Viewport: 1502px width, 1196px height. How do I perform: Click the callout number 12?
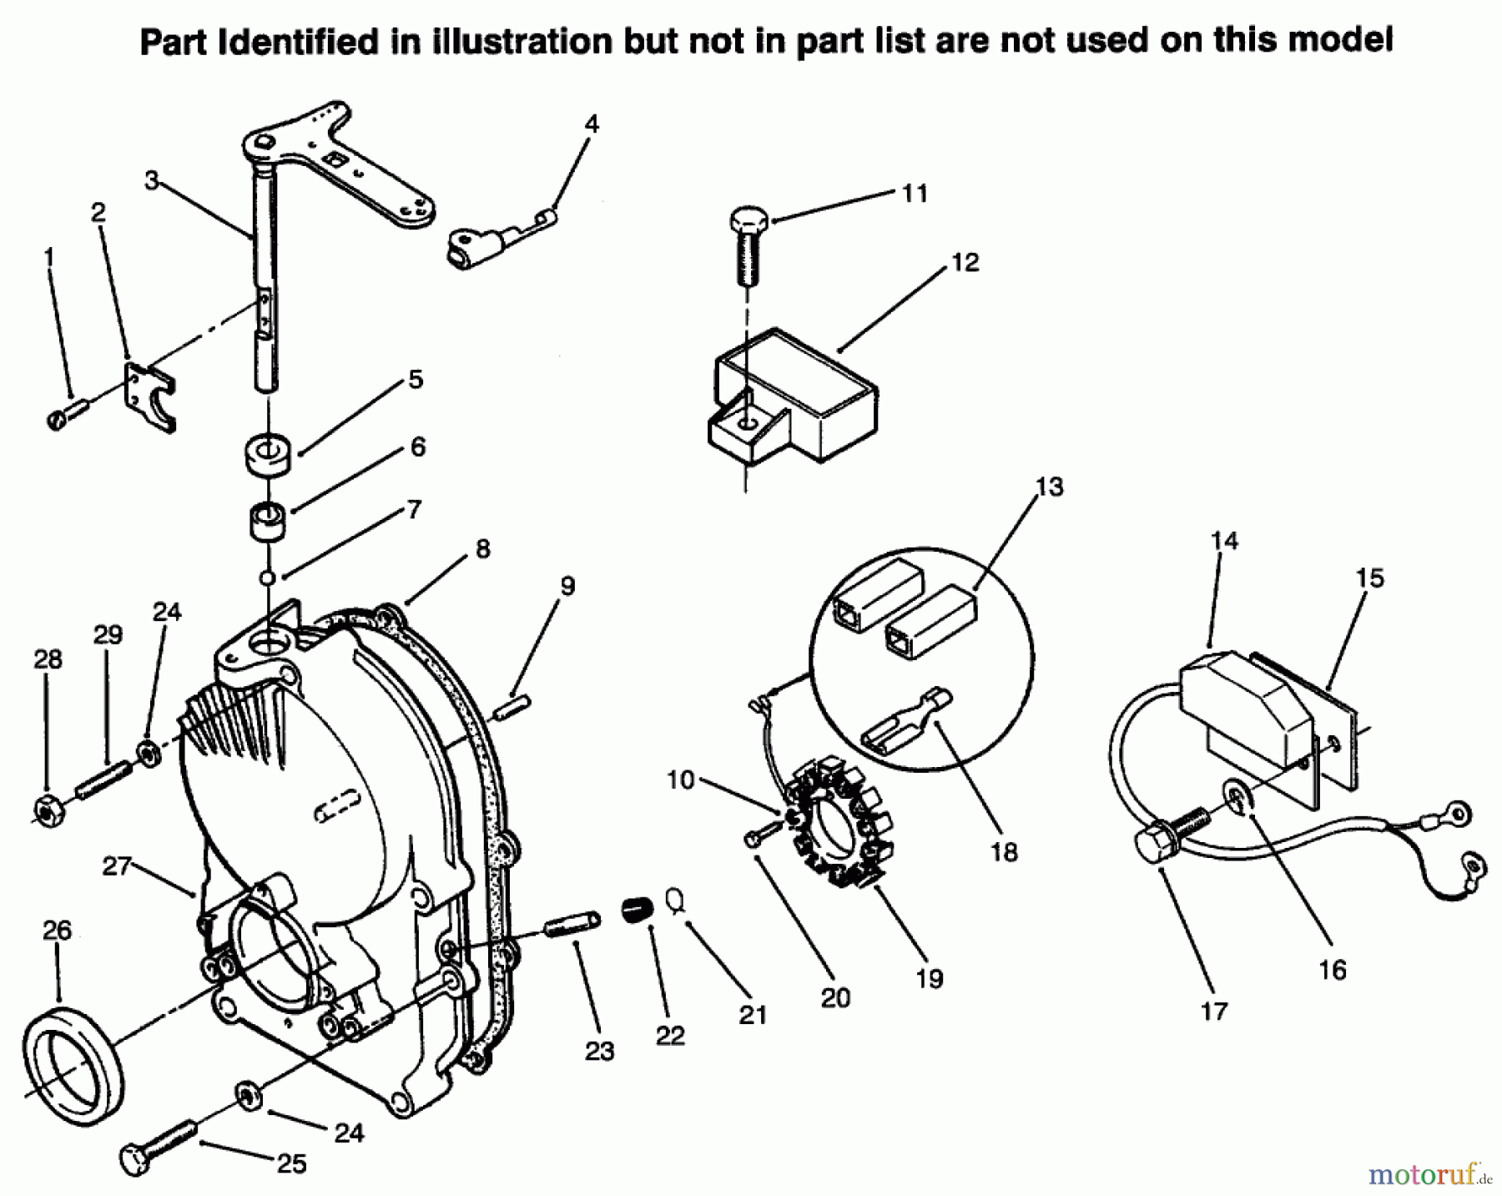[x=965, y=262]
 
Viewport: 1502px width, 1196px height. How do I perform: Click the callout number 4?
[x=592, y=124]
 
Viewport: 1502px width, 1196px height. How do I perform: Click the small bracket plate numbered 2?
[x=150, y=396]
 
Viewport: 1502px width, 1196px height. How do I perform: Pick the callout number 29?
[x=108, y=635]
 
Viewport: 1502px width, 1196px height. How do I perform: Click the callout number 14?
[x=1224, y=540]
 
